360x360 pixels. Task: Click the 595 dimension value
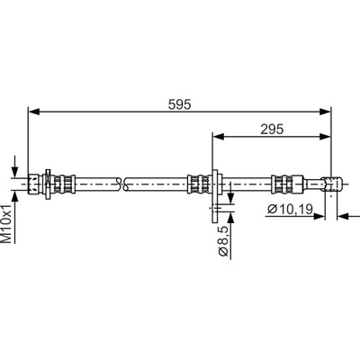pos(179,104)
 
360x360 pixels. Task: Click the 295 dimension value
pos(272,130)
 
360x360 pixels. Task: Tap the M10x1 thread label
pos(6,223)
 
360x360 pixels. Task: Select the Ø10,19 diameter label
pos(291,209)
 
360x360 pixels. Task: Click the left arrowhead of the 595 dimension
pos(34,112)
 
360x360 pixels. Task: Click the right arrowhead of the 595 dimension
pos(325,112)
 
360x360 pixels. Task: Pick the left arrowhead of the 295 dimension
pos(219,137)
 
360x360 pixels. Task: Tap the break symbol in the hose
pos(122,184)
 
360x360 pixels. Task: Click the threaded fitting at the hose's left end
pos(34,184)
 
